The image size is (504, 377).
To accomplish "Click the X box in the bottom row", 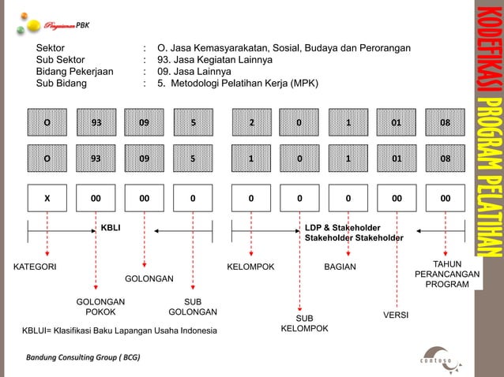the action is [x=47, y=199].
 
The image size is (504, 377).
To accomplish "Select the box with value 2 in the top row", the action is [x=251, y=123].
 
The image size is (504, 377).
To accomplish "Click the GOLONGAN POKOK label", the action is [x=100, y=307].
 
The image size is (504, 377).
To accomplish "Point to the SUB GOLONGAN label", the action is [x=193, y=307].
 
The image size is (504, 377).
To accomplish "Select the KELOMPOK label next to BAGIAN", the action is [x=250, y=267].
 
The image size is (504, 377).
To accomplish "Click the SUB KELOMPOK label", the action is [x=305, y=323].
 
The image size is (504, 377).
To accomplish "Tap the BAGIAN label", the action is [x=340, y=267].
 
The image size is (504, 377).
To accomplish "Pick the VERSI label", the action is [x=395, y=315].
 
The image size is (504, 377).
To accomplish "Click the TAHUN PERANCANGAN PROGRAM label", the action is [x=446, y=274].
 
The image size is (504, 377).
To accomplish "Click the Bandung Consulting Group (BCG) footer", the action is [x=83, y=357].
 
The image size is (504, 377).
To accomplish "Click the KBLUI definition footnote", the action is [x=119, y=329].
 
